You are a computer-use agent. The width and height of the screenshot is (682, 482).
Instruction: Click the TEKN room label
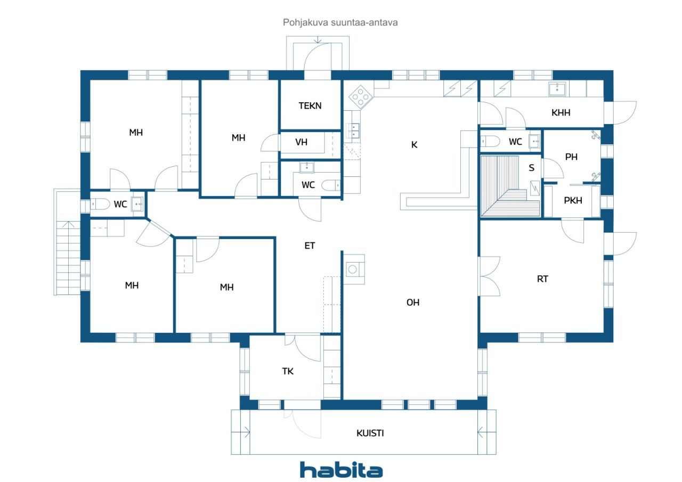click(310, 105)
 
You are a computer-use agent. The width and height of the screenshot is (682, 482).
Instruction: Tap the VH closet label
click(301, 142)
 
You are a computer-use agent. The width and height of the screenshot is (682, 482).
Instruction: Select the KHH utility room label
click(561, 112)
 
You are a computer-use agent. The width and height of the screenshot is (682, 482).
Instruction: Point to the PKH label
click(573, 201)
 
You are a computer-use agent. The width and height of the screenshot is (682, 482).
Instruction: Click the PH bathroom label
click(571, 157)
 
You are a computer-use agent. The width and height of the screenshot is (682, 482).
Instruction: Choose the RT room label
click(542, 279)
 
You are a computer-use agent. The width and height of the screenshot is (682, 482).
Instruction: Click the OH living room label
click(413, 303)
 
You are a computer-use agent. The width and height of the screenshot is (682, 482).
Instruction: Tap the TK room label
click(288, 371)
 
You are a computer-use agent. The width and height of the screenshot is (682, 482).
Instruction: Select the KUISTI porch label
click(370, 433)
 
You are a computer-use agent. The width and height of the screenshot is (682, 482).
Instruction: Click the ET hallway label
click(310, 246)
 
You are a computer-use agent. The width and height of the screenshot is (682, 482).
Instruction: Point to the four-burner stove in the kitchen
click(361, 97)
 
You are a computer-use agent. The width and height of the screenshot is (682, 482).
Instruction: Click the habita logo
click(342, 470)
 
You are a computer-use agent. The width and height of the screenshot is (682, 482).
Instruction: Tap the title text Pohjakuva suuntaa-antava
click(340, 22)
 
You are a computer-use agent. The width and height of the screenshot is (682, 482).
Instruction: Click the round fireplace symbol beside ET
click(353, 269)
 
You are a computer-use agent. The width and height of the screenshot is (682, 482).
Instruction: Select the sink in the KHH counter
click(557, 89)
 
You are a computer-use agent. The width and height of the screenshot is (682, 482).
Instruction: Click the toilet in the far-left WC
click(101, 204)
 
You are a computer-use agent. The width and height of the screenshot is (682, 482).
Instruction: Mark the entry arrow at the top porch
click(318, 40)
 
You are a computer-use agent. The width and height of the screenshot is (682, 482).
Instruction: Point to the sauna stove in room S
click(534, 188)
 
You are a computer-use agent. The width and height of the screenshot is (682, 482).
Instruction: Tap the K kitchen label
click(414, 145)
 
